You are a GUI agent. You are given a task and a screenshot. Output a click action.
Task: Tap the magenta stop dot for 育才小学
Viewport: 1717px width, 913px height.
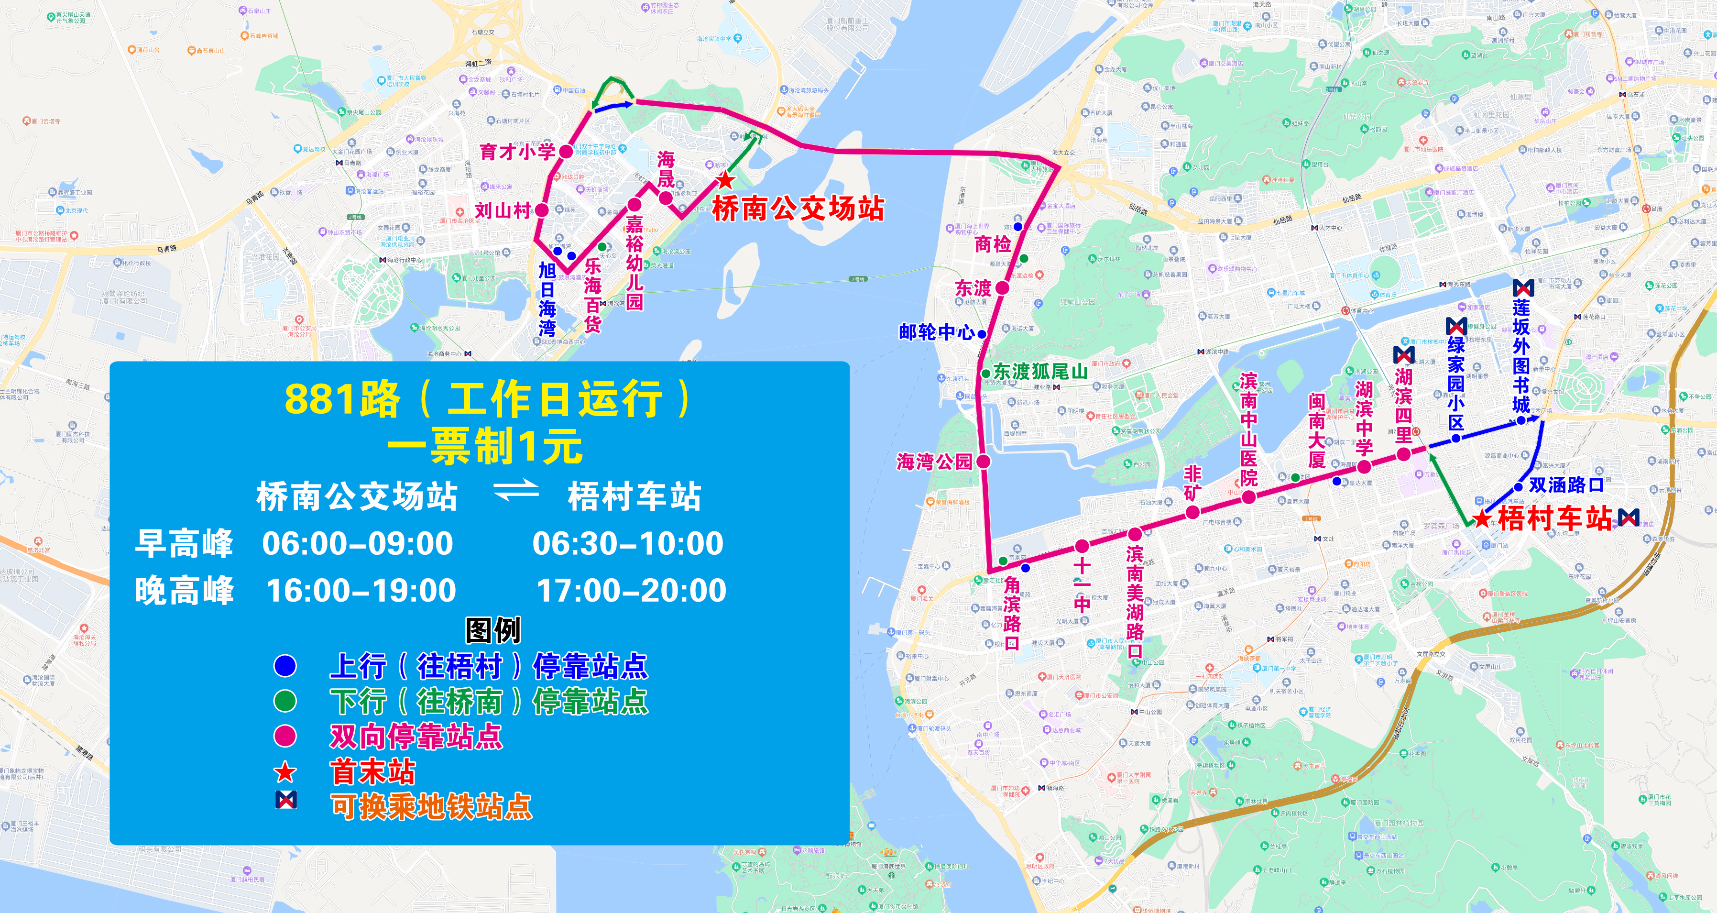coord(566,152)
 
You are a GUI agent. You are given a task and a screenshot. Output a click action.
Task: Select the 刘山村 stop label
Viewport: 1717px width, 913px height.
coord(503,211)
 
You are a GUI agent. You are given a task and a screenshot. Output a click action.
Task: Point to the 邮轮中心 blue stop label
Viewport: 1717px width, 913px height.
coord(937,331)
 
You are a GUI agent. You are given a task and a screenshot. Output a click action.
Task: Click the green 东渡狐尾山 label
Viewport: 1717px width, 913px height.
coord(1040,372)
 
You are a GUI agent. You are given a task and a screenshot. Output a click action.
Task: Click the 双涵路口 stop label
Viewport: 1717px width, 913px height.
coord(1566,485)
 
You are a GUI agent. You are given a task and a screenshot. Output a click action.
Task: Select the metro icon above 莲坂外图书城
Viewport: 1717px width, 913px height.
coord(1523,288)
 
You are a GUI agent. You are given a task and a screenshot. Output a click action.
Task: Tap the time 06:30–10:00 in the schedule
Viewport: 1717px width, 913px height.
coord(627,543)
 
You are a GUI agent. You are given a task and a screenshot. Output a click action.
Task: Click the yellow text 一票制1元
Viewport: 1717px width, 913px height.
coord(485,446)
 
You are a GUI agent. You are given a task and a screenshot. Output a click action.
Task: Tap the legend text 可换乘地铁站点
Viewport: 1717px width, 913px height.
coord(431,806)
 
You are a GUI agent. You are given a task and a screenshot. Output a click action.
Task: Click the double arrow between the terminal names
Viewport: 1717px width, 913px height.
coord(515,490)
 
